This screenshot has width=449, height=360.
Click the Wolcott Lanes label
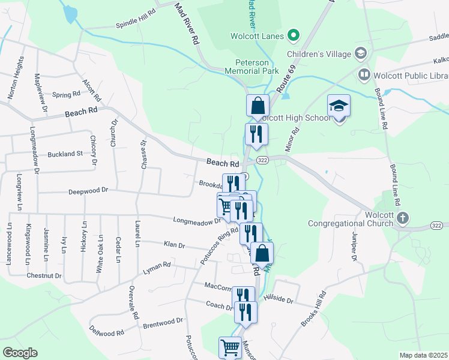click(x=257, y=36)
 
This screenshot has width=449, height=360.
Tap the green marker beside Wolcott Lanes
click(x=294, y=36)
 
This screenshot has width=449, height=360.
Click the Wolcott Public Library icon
click(x=364, y=75)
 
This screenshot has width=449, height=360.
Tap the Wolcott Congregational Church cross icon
click(x=402, y=217)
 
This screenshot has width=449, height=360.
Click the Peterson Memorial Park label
click(x=258, y=66)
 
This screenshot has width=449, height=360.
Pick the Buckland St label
click(x=65, y=154)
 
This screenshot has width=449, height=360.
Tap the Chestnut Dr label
click(x=44, y=275)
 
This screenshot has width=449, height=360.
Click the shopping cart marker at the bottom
click(x=230, y=347)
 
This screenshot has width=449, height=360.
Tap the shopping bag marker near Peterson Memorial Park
click(x=257, y=105)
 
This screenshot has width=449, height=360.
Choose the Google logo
click(x=20, y=353)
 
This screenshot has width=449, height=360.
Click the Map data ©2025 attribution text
click(x=423, y=355)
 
